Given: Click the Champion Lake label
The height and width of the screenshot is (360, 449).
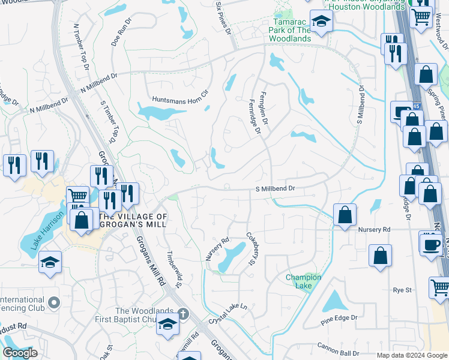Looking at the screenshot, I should coord(303,281).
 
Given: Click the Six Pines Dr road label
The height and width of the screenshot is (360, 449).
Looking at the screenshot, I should coord(223,16).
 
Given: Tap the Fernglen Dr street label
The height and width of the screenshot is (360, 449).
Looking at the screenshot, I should coord(263,105).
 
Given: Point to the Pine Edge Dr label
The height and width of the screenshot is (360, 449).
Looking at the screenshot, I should coord(339,317).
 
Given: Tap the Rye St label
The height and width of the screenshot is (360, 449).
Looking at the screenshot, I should coord(401,290).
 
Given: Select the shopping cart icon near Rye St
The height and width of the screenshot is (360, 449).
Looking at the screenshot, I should coord(440,286).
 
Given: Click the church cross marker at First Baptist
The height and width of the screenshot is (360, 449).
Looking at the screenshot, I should coord(183,314).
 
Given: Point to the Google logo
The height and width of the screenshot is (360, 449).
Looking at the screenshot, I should coord(20,353).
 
